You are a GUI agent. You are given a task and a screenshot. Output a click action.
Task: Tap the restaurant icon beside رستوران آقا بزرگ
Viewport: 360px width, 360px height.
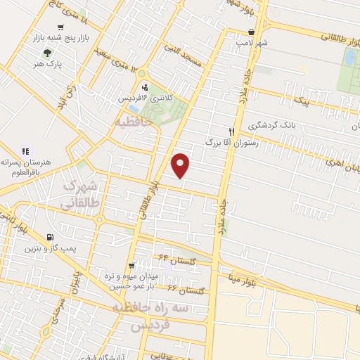231,131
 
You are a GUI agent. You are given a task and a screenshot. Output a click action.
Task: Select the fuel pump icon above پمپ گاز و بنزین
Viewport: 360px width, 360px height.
49,238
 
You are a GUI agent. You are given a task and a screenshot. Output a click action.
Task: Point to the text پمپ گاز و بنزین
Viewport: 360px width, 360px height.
49,249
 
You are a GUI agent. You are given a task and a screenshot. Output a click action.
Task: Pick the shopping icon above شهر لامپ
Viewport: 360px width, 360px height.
252,32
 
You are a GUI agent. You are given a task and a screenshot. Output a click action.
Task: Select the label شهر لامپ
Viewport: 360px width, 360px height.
254,42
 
